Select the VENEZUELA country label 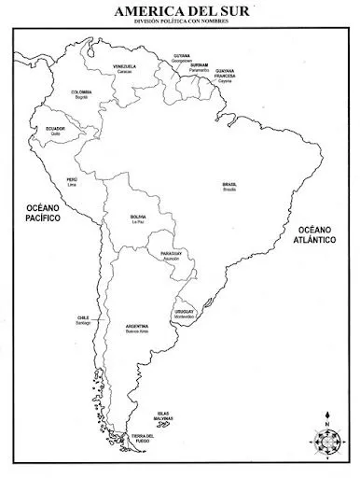tap(124, 66)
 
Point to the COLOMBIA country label tap(82, 91)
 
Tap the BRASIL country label tap(229, 184)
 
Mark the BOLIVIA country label tap(138, 217)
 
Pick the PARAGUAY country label tap(171, 253)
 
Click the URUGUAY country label tap(184, 311)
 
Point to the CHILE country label tap(83, 317)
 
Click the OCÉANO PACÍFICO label tap(43, 212)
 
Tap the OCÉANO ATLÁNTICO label tap(316, 234)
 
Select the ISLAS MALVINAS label tap(164, 415)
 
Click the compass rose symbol tap(327, 442)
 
